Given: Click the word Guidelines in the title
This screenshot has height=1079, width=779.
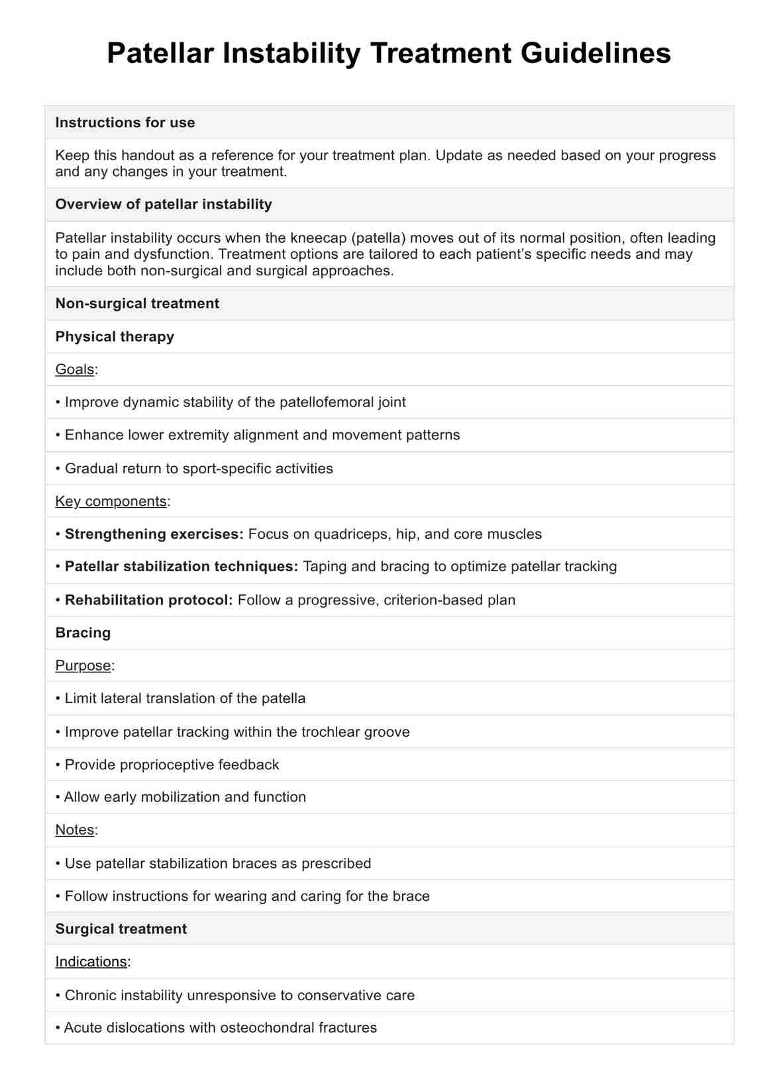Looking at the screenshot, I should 596,54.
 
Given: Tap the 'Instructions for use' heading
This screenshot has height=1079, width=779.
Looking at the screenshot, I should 125,122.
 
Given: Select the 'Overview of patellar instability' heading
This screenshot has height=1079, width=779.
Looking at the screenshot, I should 164,205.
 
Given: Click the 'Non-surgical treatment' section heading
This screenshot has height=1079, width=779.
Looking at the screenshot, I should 137,304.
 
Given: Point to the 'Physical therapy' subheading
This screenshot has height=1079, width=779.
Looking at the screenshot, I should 115,337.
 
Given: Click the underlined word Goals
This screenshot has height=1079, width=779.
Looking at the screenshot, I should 74,369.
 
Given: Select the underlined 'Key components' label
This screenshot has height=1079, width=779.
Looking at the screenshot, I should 111,501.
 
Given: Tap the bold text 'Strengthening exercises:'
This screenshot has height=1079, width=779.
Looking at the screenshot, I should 154,534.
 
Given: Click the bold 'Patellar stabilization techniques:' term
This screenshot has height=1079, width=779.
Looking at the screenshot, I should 182,567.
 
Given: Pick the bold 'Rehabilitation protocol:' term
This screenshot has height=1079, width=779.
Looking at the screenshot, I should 149,600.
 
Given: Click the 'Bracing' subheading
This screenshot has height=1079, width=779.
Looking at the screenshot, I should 83,633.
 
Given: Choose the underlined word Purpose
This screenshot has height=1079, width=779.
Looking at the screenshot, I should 83,666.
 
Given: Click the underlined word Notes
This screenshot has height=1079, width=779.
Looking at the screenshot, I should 74,830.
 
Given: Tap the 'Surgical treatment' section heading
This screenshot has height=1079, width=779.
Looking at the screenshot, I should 121,929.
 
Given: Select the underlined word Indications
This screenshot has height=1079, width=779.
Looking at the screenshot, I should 91,962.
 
